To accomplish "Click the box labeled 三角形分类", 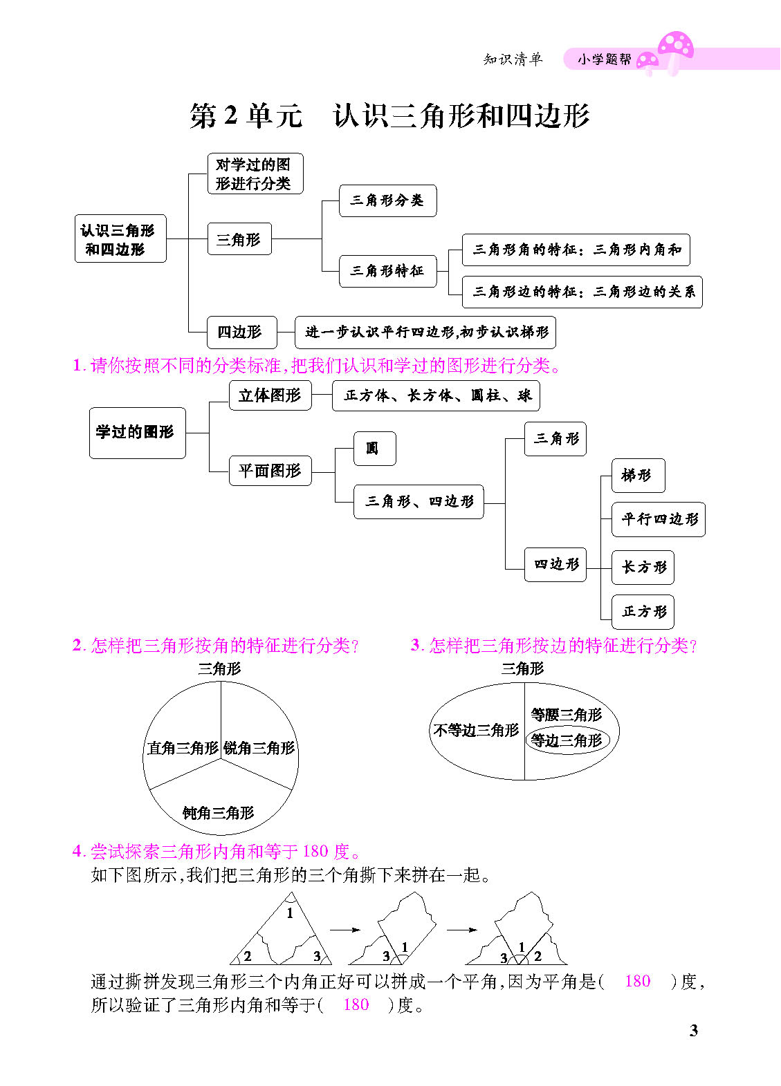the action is [387, 200].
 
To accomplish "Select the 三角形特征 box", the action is [387, 271].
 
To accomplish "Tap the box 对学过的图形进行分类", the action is [255, 174].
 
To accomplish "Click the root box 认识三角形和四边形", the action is [120, 238].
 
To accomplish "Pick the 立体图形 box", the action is [270, 395].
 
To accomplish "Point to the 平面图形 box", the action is [270, 470].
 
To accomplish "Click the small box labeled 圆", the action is [374, 449].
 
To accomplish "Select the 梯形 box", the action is [638, 476].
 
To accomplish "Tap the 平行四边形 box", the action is [659, 519].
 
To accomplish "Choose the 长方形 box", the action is [643, 568].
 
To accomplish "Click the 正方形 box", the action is [643, 612].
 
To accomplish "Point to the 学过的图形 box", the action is [137, 433].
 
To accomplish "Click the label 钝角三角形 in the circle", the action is [219, 812].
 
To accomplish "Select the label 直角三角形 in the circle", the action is [183, 747].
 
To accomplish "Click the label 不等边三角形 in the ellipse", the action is [476, 730].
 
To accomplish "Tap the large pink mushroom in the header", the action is [676, 53].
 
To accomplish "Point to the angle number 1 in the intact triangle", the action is [290, 913].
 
